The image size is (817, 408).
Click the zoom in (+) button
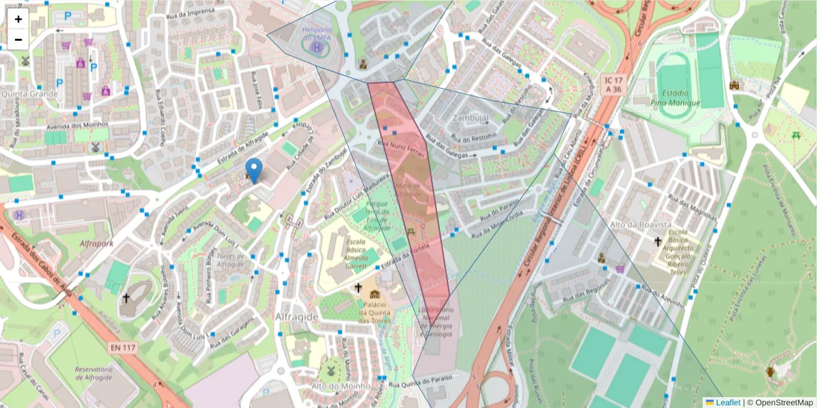pyautogui.click(x=18, y=19)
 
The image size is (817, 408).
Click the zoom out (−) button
pyautogui.click(x=18, y=39)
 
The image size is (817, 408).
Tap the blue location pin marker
pyautogui.click(x=254, y=170)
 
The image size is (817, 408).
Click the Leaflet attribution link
pyautogui.click(x=727, y=403)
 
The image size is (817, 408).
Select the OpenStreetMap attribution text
pyautogui.click(x=784, y=403)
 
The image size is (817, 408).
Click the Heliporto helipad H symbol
pyautogui.click(x=317, y=48)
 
